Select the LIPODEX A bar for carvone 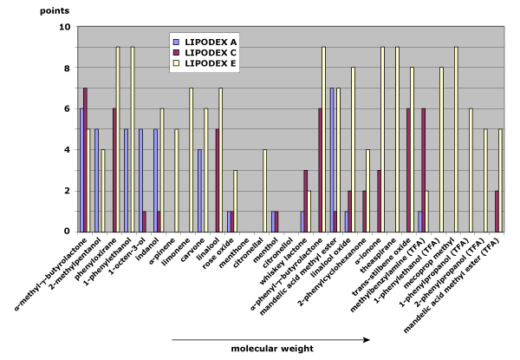(199, 190)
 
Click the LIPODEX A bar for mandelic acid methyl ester (331, 160)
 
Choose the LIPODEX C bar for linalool (217, 180)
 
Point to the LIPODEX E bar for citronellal (265, 190)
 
